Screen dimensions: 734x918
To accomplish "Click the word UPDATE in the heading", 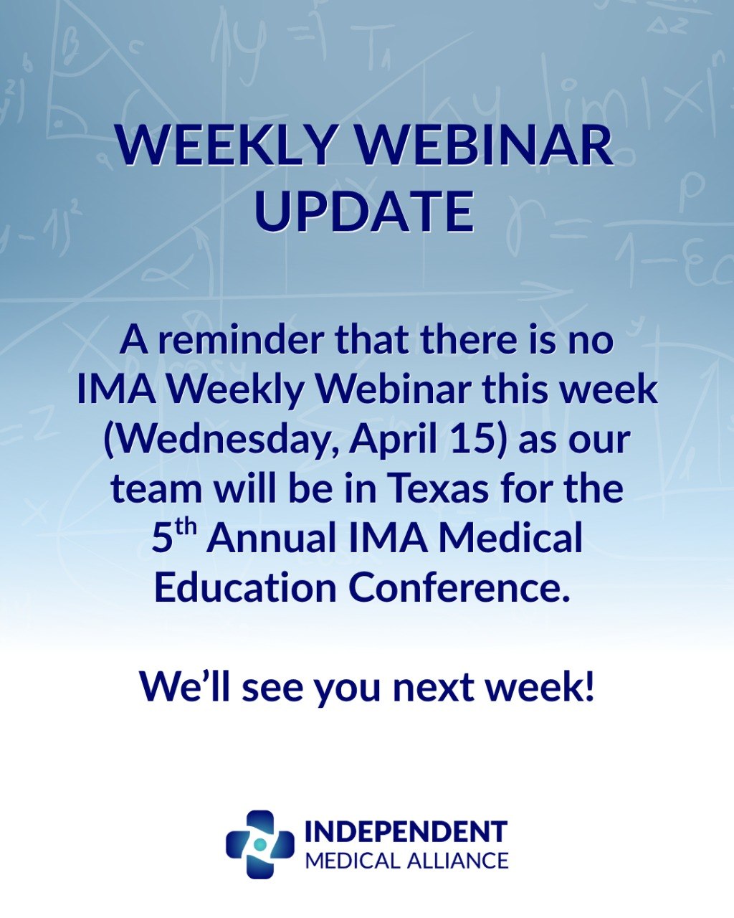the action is [365, 212].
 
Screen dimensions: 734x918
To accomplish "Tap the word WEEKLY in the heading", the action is [225, 145].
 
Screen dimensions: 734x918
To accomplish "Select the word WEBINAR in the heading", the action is [485, 145].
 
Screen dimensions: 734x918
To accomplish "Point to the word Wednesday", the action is [221, 440].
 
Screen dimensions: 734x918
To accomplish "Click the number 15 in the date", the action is [478, 440].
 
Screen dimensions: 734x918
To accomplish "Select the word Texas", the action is [439, 489].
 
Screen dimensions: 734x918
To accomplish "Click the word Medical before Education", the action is [510, 539].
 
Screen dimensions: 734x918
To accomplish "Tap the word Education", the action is [245, 588].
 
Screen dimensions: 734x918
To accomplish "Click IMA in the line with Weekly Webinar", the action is [116, 390].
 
